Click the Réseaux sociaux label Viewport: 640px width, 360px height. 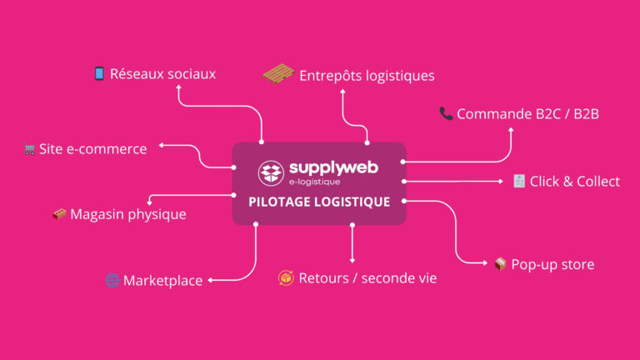tap(162, 74)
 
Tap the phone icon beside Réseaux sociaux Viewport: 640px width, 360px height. tap(99, 73)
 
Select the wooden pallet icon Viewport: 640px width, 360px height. tap(278, 74)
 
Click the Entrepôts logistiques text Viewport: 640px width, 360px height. tap(367, 76)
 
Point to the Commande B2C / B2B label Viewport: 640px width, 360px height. tap(527, 113)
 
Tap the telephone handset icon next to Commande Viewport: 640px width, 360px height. tap(446, 113)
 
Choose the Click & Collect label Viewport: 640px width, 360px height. tap(574, 181)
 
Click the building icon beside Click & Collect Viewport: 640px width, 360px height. tap(518, 181)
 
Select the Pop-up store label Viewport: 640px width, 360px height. tap(552, 264)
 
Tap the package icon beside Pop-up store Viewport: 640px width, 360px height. tap(500, 264)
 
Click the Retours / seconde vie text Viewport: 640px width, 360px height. tap(367, 277)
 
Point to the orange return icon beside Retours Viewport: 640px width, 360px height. tap(286, 277)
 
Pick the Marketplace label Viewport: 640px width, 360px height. tap(162, 281)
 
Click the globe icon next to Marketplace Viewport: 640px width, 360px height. tap(112, 280)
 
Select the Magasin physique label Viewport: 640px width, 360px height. tap(127, 215)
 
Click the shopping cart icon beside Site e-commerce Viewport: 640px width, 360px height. tap(30, 150)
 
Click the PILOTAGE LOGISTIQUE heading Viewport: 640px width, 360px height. tap(319, 202)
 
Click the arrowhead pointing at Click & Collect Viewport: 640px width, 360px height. tap(500, 181)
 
